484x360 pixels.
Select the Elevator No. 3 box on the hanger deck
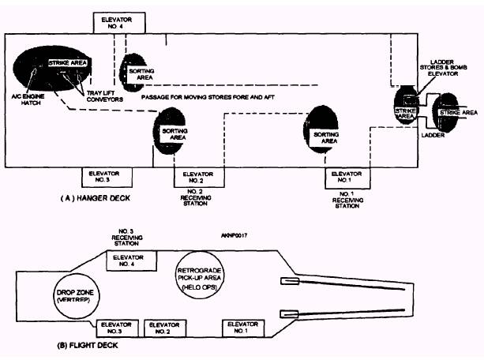pyautogui.click(x=104, y=178)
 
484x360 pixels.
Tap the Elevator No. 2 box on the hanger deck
pyautogui.click(x=197, y=178)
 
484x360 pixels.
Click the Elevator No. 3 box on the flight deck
pyautogui.click(x=114, y=328)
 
